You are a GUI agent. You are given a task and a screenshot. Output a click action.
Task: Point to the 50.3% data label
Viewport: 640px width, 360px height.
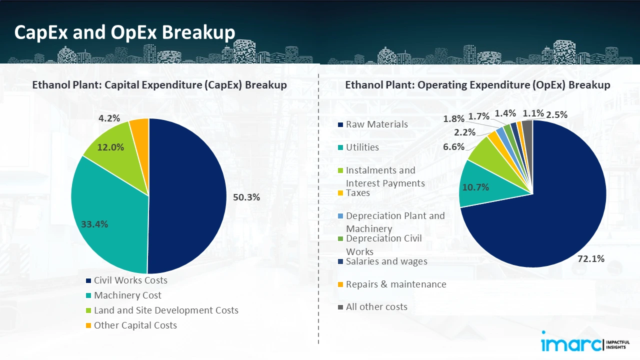[246, 197]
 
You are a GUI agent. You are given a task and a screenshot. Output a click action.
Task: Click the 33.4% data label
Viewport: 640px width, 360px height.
[94, 224]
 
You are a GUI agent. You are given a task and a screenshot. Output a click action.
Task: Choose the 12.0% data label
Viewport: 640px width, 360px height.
[110, 147]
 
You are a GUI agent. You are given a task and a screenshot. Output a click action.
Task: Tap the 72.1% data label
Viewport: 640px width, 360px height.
[590, 258]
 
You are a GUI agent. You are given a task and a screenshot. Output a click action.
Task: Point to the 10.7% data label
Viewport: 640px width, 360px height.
[475, 187]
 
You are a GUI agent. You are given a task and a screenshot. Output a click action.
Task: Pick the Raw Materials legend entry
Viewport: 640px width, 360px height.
[376, 124]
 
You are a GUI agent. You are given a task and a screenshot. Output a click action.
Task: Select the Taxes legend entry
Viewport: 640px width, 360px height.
[357, 193]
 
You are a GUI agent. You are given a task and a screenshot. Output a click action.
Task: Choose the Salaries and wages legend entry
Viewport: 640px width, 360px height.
[386, 261]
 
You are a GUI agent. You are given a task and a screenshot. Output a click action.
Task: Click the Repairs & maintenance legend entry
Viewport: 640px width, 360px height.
[395, 284]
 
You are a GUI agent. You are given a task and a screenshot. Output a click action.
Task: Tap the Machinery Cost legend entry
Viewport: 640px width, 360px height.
[127, 295]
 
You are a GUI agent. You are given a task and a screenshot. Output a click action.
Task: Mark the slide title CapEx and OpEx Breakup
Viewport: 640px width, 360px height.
[124, 32]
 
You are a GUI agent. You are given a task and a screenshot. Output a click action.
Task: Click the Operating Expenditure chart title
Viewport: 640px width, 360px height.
[477, 85]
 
